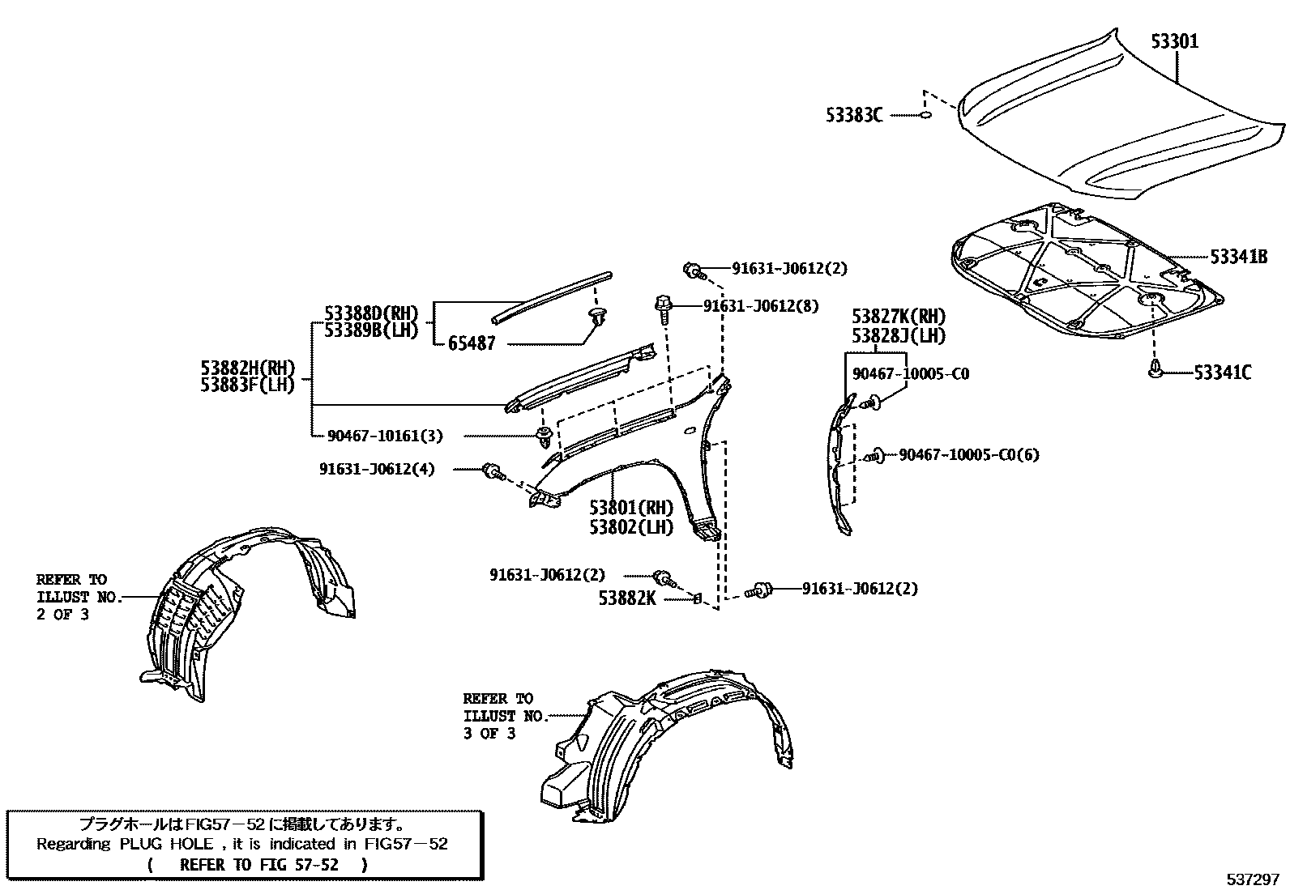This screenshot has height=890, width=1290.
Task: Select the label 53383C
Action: point(854,116)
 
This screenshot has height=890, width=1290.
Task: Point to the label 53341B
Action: point(1238,258)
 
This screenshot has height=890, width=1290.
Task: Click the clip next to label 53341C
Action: point(1154,372)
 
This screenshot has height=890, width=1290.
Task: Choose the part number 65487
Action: point(471,343)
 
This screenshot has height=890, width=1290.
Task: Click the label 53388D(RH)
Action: point(371,313)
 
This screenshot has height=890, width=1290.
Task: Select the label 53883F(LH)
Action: point(248,385)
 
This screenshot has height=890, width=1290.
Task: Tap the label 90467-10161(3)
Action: point(385,436)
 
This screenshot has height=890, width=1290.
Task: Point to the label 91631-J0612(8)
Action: point(761,306)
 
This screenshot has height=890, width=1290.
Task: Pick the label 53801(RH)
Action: point(631,509)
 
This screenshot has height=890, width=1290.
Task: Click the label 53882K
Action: point(628,598)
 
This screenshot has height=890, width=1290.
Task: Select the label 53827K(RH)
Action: point(899,317)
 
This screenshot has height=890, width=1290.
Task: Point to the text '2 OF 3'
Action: point(62,614)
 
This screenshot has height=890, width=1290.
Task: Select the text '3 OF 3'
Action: point(489,734)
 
